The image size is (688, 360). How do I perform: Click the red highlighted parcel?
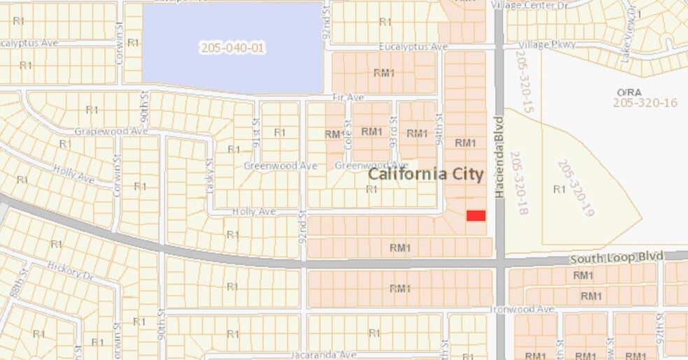[x=476, y=216]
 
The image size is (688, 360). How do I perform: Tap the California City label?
[x=426, y=173]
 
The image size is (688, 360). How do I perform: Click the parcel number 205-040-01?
[x=233, y=48]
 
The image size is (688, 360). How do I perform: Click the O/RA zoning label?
[x=624, y=92]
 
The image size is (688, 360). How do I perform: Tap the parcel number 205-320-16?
[x=645, y=103]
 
